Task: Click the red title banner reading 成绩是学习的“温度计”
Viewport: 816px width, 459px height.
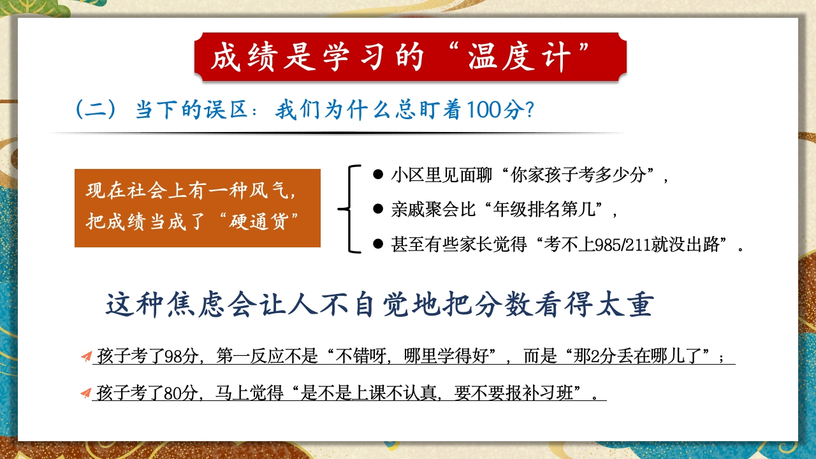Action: pos(411,57)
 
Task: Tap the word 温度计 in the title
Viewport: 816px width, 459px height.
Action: pos(519,57)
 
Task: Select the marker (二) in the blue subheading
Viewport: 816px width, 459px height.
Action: pos(96,110)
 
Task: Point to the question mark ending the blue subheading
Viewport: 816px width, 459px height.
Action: pos(529,110)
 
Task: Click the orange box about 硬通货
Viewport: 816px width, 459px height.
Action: pos(198,208)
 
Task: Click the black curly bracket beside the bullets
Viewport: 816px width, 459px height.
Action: pos(349,208)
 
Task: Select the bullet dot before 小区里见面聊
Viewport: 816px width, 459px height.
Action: pos(378,174)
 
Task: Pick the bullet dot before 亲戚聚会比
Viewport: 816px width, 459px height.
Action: pos(378,208)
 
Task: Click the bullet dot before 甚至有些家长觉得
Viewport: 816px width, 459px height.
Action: pos(378,244)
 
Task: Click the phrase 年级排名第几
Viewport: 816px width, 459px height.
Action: pos(544,210)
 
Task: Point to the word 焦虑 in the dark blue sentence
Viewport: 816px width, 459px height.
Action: pos(195,304)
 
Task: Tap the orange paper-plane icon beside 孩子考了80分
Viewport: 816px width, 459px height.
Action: pos(86,393)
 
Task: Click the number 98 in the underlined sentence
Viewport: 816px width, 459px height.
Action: pos(173,356)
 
